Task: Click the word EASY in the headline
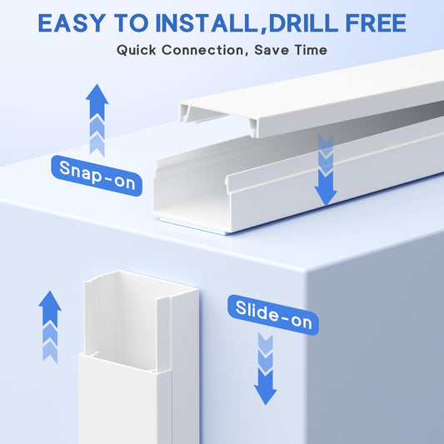click(72, 22)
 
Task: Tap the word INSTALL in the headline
click(206, 22)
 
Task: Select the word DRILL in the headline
click(303, 22)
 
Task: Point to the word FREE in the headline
click(376, 22)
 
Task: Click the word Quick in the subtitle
click(137, 50)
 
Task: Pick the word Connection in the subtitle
click(202, 50)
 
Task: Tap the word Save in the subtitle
click(272, 50)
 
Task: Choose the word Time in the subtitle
click(311, 50)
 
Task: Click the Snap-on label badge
click(97, 176)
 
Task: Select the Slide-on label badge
click(273, 315)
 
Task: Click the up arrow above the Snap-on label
click(97, 120)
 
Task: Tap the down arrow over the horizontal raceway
click(326, 170)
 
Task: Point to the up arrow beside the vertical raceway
click(50, 327)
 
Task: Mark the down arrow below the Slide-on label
click(266, 369)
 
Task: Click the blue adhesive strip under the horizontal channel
click(192, 227)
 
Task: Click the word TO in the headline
click(131, 22)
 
